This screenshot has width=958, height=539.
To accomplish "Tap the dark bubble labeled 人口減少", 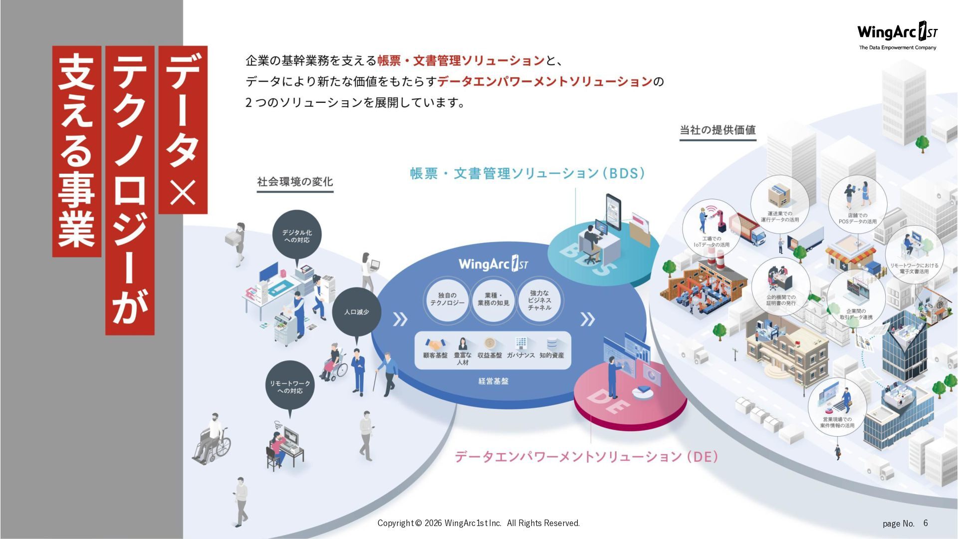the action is (356, 312).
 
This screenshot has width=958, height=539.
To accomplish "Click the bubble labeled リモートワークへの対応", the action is (290, 386).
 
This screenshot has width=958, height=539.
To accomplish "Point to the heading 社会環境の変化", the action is (295, 182).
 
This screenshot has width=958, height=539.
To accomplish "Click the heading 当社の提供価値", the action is (718, 130).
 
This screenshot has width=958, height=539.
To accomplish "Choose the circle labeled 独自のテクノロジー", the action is (447, 299).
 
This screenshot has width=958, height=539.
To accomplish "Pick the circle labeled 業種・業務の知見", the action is (493, 299).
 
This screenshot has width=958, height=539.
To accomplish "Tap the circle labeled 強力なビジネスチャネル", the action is (539, 300).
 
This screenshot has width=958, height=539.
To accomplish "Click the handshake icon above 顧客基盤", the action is (435, 344).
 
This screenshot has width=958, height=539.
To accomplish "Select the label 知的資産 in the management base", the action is (551, 355).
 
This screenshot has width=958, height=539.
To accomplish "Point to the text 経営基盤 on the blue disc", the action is (493, 381).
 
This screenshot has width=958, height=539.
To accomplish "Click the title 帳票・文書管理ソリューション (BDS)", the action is (527, 173).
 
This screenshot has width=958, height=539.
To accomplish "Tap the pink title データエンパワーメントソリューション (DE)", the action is (586, 456).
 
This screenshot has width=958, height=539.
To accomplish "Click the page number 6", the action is (926, 523).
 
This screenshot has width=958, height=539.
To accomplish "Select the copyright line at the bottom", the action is (479, 523).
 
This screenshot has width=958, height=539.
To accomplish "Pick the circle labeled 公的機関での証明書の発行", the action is (781, 287).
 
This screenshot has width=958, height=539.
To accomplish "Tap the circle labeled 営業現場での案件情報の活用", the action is (837, 407).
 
